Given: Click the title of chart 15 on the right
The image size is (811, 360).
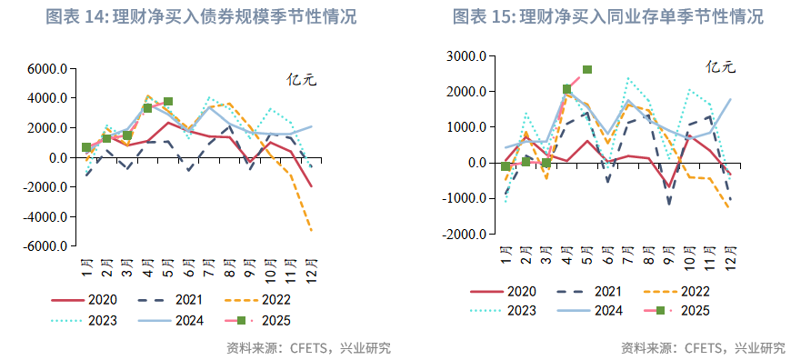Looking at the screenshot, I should click(x=606, y=16).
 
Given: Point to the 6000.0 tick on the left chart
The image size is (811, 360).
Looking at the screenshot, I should click(x=47, y=68).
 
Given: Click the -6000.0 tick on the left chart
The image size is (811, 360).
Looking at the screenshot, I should click(x=45, y=246).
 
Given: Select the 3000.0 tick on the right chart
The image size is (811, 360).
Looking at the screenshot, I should click(x=466, y=56).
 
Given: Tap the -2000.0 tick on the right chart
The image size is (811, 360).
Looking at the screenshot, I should click(x=463, y=234).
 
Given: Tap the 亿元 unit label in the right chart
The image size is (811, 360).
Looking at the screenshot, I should click(x=720, y=66).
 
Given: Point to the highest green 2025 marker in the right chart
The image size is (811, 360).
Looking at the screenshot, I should click(x=587, y=69).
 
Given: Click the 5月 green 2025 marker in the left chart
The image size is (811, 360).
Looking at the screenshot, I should click(x=168, y=102).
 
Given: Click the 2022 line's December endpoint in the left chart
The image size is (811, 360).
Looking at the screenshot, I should click(x=312, y=231).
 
